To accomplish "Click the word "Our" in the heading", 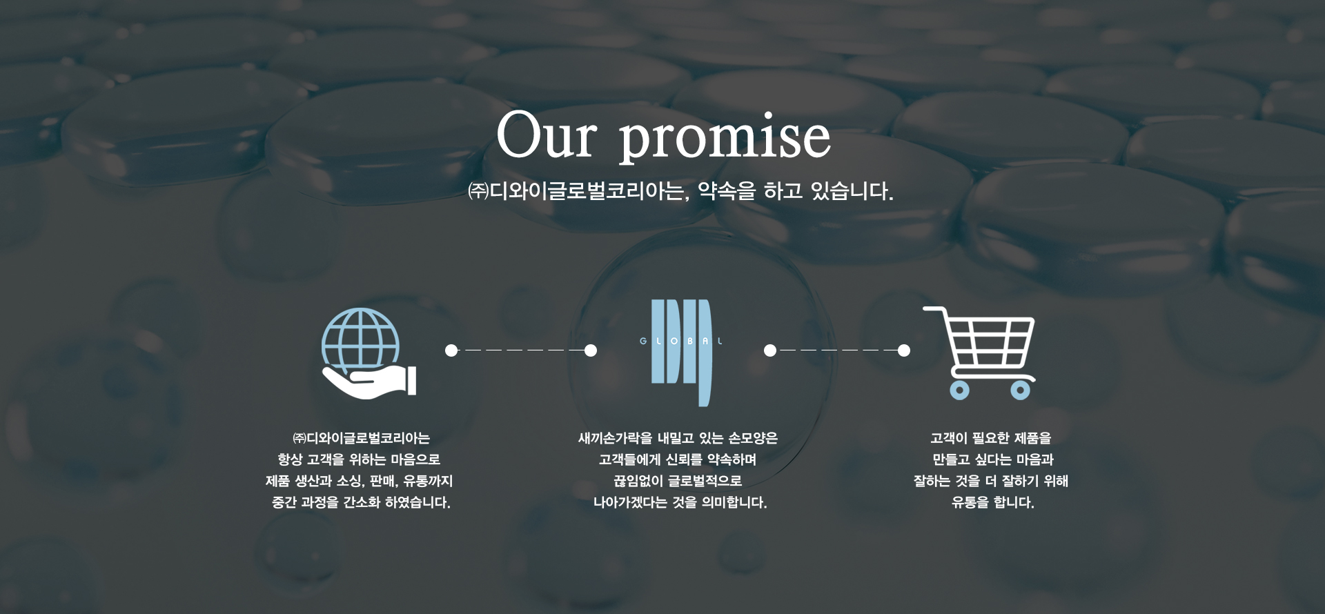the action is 545,136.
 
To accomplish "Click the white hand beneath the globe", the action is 369,382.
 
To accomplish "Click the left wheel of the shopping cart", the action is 959,390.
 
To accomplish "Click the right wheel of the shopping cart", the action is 1020,390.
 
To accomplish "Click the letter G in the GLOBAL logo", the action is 642,341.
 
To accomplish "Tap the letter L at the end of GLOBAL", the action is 720,341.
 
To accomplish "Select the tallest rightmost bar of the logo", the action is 705,353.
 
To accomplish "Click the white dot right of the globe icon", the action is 451,350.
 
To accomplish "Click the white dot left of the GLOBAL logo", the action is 591,350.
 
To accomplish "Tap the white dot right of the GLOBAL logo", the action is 770,350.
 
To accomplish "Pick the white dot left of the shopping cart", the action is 903,350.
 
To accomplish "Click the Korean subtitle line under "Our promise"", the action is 680,191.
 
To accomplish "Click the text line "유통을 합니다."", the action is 992,502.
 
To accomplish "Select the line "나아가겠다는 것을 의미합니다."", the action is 680,502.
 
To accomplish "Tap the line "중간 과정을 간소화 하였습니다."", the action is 361,502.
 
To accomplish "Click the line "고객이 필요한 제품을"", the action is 991,438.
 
